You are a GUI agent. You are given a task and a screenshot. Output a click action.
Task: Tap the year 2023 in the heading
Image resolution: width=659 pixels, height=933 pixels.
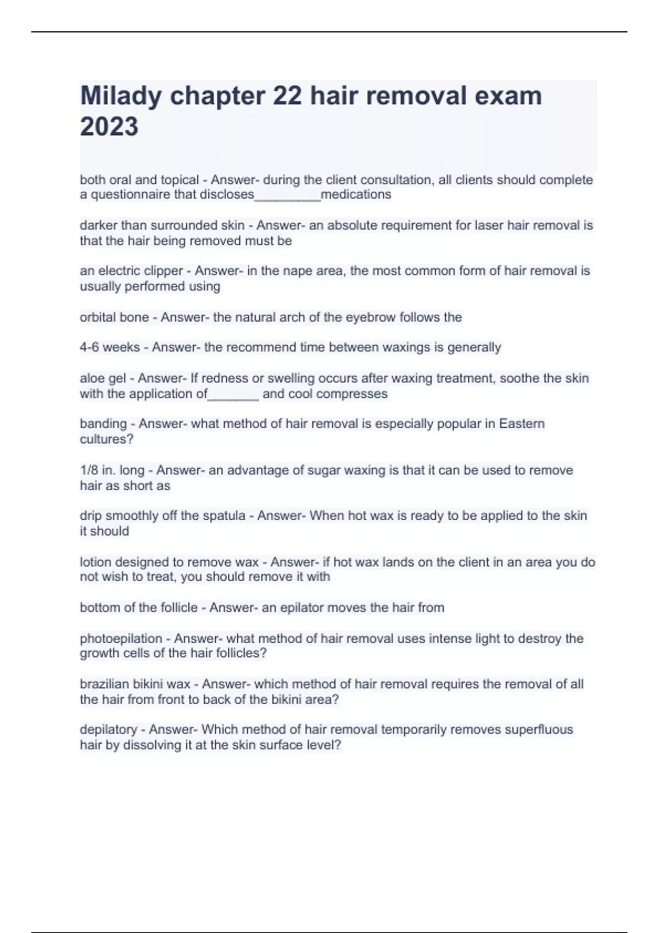(109, 127)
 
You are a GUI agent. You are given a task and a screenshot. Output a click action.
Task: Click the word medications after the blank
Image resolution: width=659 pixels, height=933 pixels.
(356, 195)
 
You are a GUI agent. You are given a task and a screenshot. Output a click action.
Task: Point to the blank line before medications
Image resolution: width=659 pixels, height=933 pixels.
(287, 198)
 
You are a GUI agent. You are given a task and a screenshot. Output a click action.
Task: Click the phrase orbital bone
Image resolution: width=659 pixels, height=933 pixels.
(114, 317)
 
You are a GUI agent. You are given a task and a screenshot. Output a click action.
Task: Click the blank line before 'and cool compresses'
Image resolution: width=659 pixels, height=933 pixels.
(233, 397)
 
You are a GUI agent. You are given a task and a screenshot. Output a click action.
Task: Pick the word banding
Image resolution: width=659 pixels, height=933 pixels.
(103, 424)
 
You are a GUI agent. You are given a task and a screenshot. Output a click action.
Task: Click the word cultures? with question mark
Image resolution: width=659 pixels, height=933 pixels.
(107, 439)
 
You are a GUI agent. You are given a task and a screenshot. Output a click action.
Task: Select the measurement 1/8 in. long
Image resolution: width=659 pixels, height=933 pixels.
(112, 470)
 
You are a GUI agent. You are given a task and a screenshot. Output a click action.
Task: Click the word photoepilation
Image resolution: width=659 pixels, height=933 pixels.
(121, 639)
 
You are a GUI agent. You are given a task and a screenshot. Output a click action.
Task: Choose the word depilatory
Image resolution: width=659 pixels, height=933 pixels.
(108, 730)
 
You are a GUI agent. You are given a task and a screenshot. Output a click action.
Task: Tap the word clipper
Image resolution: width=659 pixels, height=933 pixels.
(163, 271)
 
